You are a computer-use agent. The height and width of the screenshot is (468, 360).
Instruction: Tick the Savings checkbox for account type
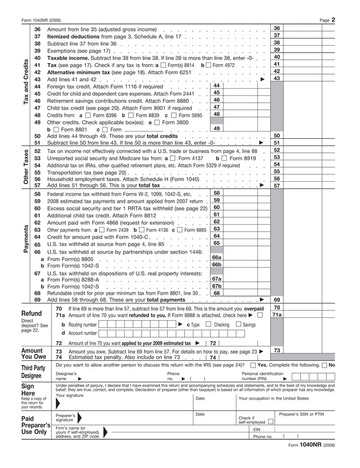pyautogui.click(x=238, y=325)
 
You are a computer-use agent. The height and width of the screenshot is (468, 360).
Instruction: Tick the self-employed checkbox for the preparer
pyautogui.click(x=271, y=421)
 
